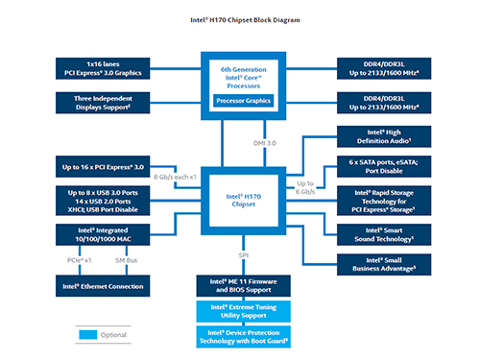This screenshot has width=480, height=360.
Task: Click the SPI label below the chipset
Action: [244, 254]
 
